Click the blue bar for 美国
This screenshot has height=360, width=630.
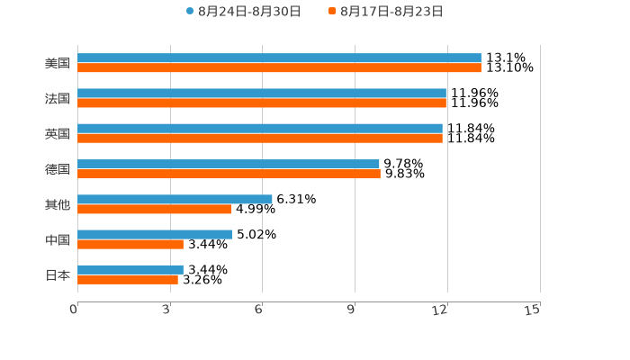click(279, 58)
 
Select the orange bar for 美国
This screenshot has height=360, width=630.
click(279, 67)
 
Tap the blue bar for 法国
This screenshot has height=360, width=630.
click(262, 93)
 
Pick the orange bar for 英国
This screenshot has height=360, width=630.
click(260, 138)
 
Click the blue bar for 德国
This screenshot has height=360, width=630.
click(229, 164)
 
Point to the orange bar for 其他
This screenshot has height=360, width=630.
click(154, 209)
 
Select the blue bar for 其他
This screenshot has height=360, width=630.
click(175, 199)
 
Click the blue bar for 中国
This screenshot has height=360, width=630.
click(155, 234)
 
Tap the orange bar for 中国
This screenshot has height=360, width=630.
click(130, 244)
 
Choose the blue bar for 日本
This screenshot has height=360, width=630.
click(130, 269)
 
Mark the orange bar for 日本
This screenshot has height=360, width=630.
click(128, 279)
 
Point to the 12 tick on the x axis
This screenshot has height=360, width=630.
click(440, 310)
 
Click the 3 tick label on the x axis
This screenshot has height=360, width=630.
click(166, 310)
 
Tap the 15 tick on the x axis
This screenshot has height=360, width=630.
click(533, 310)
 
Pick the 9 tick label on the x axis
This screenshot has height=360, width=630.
click(352, 310)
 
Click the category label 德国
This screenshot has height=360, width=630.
click(58, 169)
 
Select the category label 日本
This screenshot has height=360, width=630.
click(58, 274)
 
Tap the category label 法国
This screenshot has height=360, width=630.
click(58, 98)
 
